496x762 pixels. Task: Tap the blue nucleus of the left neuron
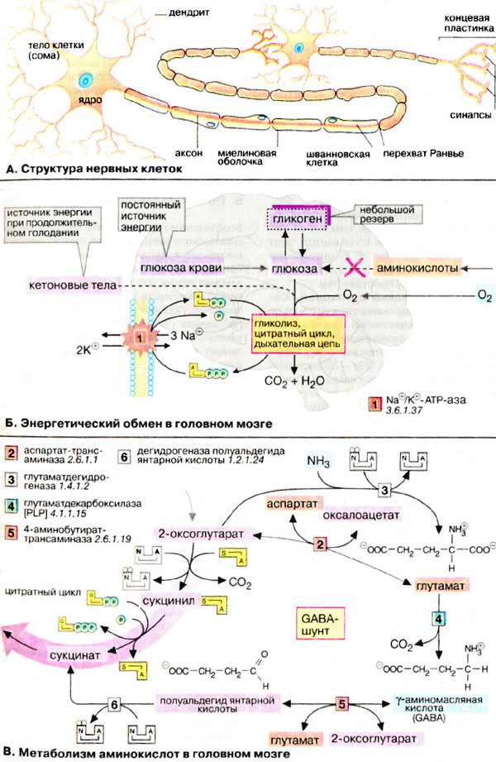coord(85,80)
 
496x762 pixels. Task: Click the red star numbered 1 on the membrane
coord(141,338)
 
